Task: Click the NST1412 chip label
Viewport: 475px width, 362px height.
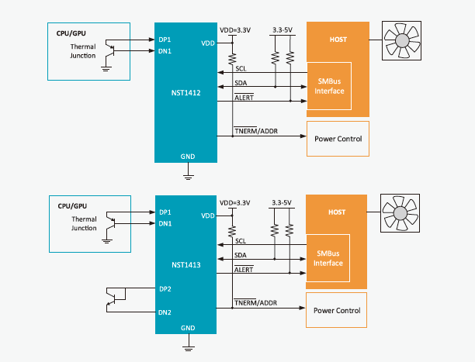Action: [x=186, y=92]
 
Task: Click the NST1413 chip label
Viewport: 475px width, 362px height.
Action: [x=186, y=265]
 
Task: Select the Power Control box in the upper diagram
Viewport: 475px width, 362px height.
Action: [x=338, y=139]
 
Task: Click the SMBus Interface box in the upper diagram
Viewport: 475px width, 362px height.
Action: [x=329, y=86]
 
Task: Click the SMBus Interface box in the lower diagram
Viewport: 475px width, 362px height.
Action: [x=329, y=259]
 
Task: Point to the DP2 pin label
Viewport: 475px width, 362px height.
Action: [x=165, y=288]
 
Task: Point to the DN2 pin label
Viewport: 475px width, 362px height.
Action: [x=165, y=312]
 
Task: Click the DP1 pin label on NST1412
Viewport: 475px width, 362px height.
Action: [x=165, y=39]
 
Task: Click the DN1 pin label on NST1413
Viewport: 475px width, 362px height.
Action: [x=165, y=224]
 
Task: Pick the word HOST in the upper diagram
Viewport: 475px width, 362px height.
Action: [x=337, y=39]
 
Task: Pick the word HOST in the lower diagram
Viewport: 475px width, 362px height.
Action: [x=337, y=212]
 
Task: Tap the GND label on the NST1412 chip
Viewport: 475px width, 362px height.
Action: [x=187, y=155]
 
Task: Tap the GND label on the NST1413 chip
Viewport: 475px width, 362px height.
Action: [x=187, y=328]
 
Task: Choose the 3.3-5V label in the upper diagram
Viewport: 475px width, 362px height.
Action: [x=282, y=29]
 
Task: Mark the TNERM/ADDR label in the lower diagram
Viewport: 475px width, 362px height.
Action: [x=255, y=302]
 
